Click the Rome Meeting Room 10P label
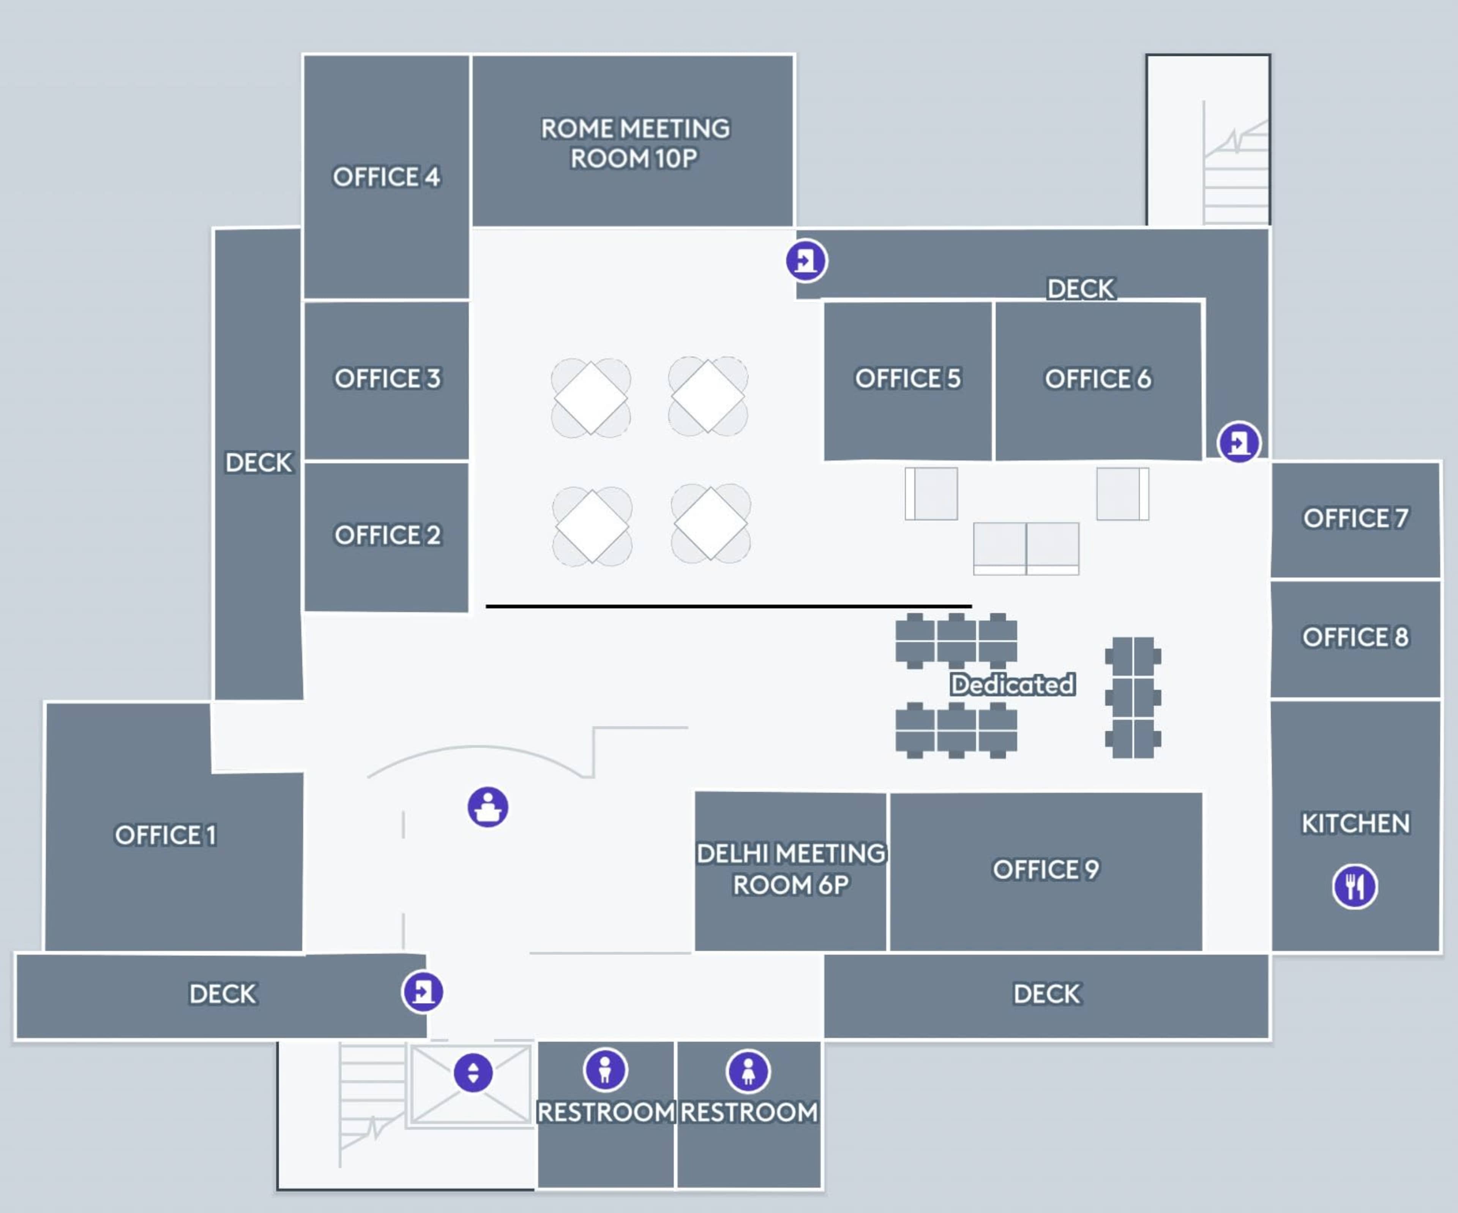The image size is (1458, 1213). coord(634,144)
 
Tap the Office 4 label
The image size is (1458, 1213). coord(386,177)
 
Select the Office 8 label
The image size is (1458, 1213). coord(1355,637)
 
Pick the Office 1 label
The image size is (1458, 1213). coord(165,835)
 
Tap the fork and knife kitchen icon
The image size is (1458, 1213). coord(1354,887)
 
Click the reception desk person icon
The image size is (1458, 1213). coord(488,807)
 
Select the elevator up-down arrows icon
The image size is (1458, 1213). coord(473,1073)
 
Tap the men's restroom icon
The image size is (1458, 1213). coord(605,1070)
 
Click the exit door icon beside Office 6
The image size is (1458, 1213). coord(1239,442)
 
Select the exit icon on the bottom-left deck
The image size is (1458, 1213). coord(422,992)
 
